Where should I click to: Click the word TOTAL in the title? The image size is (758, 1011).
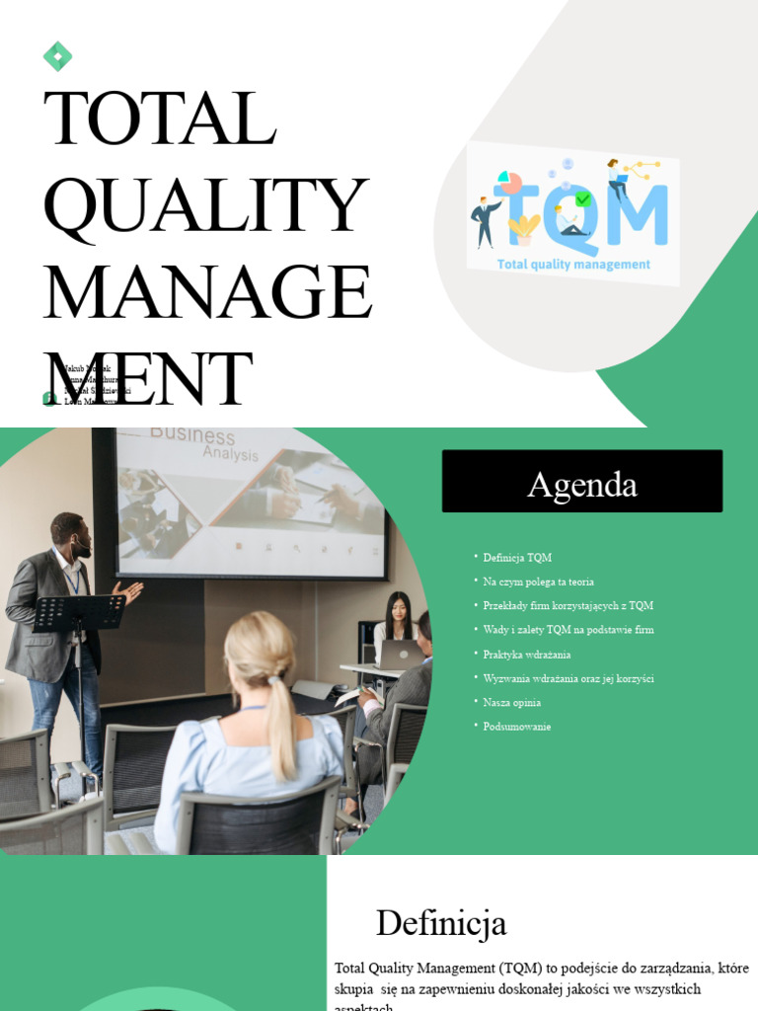(x=160, y=118)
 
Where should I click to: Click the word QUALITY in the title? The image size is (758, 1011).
(x=205, y=206)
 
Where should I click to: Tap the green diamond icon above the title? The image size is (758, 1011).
(x=57, y=57)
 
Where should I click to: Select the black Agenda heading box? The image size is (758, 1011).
(x=581, y=482)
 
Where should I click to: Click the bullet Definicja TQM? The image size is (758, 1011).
(x=517, y=558)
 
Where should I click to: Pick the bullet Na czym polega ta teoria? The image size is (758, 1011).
(x=538, y=582)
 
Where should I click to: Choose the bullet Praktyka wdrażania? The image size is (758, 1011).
(x=526, y=654)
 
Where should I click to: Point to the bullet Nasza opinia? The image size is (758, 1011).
(x=511, y=702)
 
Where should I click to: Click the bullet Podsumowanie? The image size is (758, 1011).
(x=516, y=727)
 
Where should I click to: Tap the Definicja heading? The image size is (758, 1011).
(x=441, y=923)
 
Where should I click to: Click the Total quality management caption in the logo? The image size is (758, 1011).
(x=573, y=265)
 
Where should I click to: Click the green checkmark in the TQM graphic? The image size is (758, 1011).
(x=583, y=198)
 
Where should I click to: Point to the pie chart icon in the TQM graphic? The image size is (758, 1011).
(x=510, y=182)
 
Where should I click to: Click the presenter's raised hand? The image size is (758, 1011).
(x=130, y=589)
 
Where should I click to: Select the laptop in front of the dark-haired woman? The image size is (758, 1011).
(x=401, y=654)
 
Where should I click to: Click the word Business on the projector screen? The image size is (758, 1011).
(x=192, y=437)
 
